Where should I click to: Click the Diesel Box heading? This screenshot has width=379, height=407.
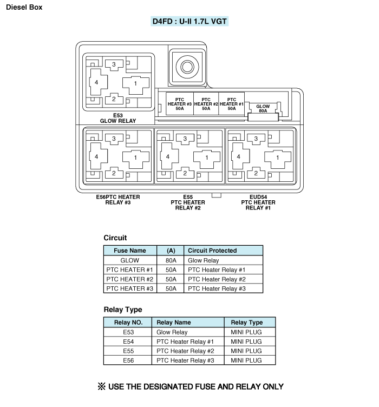[x=24, y=7]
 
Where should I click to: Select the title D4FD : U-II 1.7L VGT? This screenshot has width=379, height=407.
[x=190, y=21]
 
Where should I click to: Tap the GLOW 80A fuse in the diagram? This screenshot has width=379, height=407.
[x=263, y=108]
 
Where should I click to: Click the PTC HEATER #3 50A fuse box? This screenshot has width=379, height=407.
[x=180, y=104]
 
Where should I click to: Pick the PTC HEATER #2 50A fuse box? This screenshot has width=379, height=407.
[x=206, y=104]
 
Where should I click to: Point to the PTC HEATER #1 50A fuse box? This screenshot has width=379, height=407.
[x=232, y=104]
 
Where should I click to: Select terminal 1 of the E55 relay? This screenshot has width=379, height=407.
[x=207, y=157]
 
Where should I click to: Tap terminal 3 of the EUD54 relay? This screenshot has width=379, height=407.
[x=256, y=139]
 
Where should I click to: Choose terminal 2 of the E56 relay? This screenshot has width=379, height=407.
[x=114, y=173]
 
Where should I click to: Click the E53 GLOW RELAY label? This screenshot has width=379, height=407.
[x=118, y=118]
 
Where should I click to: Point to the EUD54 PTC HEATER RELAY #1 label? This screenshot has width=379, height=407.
[x=258, y=202]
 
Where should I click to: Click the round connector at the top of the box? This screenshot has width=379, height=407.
[x=187, y=67]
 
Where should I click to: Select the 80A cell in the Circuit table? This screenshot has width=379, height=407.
[x=171, y=260]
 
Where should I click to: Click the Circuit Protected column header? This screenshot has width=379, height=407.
[x=212, y=251]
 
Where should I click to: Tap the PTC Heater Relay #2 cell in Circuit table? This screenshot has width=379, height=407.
[x=217, y=279]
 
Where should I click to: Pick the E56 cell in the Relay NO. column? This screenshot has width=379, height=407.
[x=128, y=360]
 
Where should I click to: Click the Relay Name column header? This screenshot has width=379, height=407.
[x=174, y=323]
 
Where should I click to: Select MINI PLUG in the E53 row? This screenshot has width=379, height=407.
[x=246, y=332]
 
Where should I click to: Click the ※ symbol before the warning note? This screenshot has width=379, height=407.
[x=101, y=386]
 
